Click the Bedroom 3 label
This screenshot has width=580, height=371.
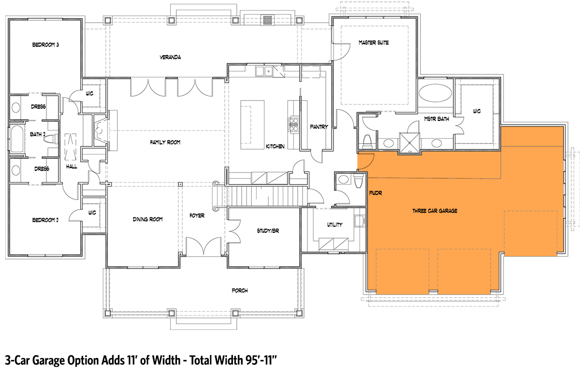coord(45,45)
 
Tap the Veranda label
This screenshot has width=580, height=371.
coord(170,57)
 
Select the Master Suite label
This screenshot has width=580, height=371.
coord(374,43)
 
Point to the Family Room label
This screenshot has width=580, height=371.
coord(165,143)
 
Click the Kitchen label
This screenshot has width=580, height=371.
coord(275,146)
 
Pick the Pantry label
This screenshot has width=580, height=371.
coord(319,127)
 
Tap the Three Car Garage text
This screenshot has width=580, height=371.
coord(435,211)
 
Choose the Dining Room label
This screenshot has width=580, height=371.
coord(148,219)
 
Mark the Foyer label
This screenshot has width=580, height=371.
coord(197,215)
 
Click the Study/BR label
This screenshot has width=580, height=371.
coord(268,231)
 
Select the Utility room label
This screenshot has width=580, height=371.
coord(334,225)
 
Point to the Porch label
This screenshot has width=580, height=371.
coord(240,291)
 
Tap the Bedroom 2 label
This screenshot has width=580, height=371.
coord(45,220)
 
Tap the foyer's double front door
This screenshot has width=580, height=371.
coord(203,246)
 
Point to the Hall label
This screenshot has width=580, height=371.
coord(72,167)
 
